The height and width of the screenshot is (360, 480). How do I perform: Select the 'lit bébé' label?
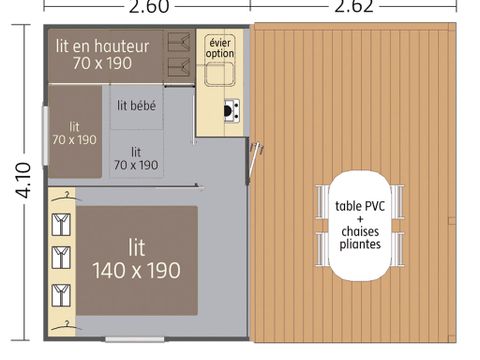[136, 105]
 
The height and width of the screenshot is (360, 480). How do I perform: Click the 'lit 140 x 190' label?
[136, 258]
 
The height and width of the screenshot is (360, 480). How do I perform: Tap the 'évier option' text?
[220, 46]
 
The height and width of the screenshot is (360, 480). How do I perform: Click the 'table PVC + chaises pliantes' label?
[360, 225]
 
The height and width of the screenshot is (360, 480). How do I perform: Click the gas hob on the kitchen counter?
[231, 109]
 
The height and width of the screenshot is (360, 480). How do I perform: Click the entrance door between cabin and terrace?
[258, 160]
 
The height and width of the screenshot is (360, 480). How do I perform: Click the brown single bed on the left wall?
[74, 132]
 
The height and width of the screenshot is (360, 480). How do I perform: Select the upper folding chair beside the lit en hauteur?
[181, 43]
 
